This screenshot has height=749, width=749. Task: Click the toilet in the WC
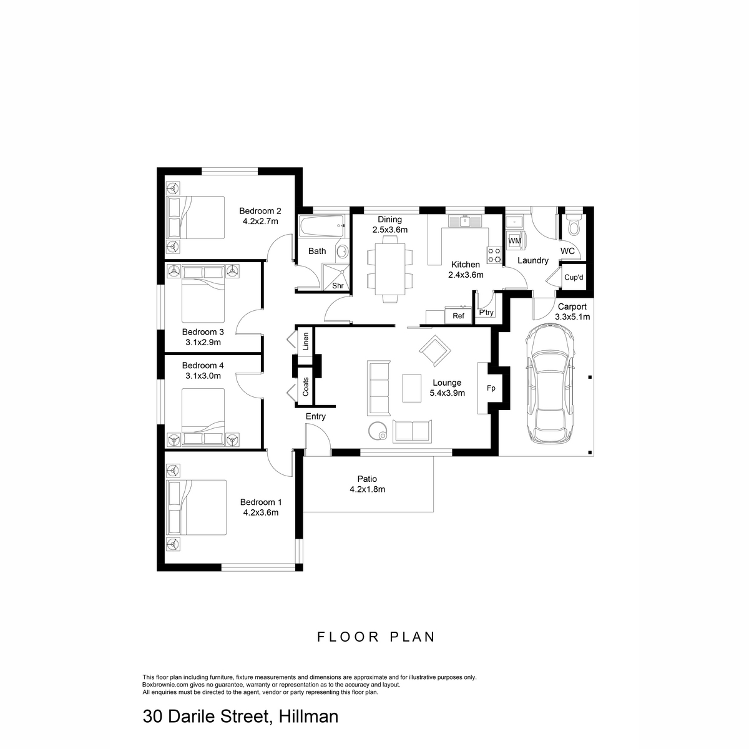[573, 224]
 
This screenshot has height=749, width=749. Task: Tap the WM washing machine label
[514, 240]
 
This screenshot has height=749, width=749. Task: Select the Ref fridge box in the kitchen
[458, 315]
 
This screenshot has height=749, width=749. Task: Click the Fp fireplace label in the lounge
[491, 388]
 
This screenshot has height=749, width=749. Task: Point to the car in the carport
[549, 384]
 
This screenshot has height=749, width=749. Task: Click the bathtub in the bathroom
[321, 226]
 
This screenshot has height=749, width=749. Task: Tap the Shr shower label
[338, 286]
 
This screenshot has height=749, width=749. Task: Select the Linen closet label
[305, 341]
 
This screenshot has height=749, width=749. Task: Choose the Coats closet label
[305, 386]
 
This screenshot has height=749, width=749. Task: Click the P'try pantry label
[486, 312]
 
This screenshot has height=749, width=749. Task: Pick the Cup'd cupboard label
[574, 278]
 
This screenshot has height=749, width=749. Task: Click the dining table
[390, 269]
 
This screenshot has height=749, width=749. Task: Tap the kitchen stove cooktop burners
[494, 256]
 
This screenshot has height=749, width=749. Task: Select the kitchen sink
[465, 222]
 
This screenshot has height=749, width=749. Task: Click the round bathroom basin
[343, 252]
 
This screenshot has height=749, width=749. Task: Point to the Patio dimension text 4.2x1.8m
[367, 489]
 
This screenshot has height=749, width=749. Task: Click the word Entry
[315, 416]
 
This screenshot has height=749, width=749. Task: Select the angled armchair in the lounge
[434, 350]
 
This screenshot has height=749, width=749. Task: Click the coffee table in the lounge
[411, 388]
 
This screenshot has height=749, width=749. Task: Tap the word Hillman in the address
[308, 717]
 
